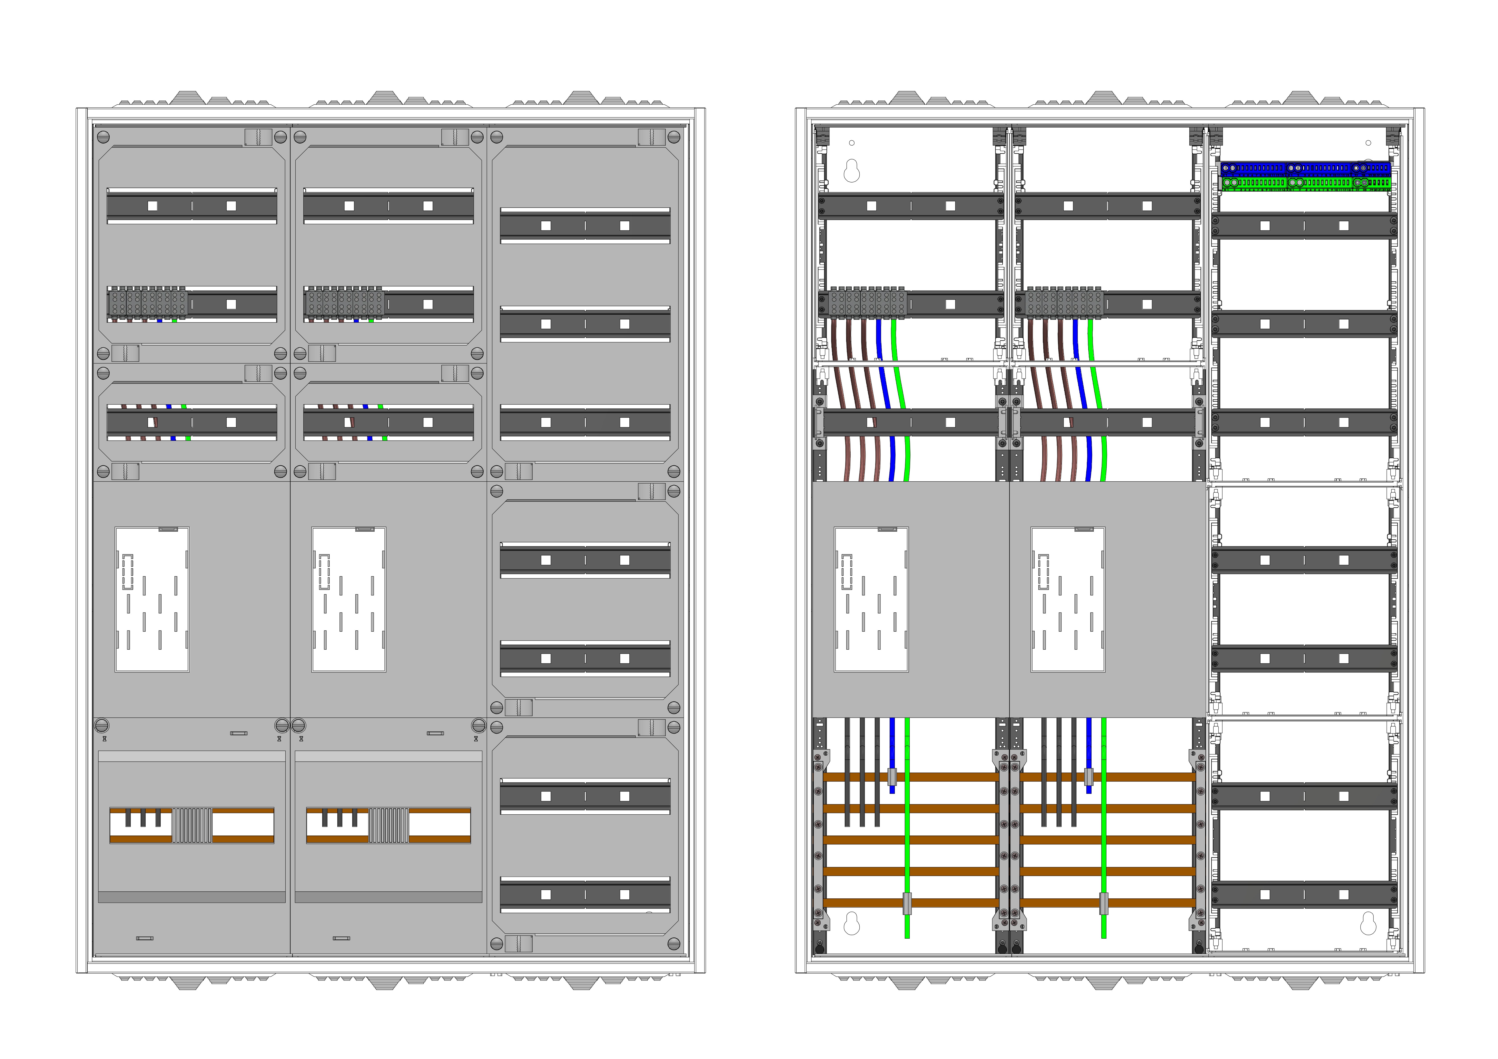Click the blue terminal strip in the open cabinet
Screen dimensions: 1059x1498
click(x=1305, y=168)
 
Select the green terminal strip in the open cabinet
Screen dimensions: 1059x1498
click(x=1305, y=183)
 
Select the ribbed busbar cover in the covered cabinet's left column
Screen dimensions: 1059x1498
click(x=192, y=826)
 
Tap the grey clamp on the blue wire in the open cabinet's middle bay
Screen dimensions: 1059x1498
click(x=1088, y=777)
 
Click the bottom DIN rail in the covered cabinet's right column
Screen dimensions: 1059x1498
click(x=585, y=895)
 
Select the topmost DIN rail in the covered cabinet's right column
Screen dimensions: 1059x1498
click(x=585, y=226)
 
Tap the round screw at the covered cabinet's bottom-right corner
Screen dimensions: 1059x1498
click(x=674, y=943)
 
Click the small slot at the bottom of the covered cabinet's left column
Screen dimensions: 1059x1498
click(x=145, y=938)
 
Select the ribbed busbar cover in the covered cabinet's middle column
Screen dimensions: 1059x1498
click(x=389, y=826)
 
